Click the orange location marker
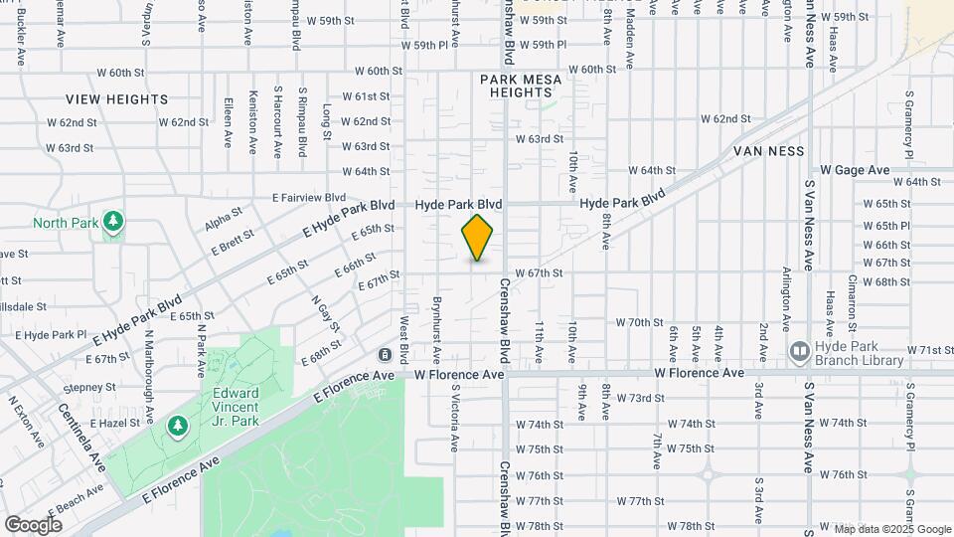(x=478, y=238)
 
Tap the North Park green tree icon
(x=114, y=222)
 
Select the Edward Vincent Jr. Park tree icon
(x=178, y=426)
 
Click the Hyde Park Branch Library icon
(x=798, y=351)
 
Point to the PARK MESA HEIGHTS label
(x=521, y=86)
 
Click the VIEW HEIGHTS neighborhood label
(x=117, y=99)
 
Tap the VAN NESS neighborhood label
(x=768, y=151)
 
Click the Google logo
(x=33, y=524)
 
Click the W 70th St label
(x=639, y=322)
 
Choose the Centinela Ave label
(x=82, y=437)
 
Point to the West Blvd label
(x=404, y=340)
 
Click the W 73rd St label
(x=640, y=398)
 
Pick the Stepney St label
(x=89, y=387)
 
